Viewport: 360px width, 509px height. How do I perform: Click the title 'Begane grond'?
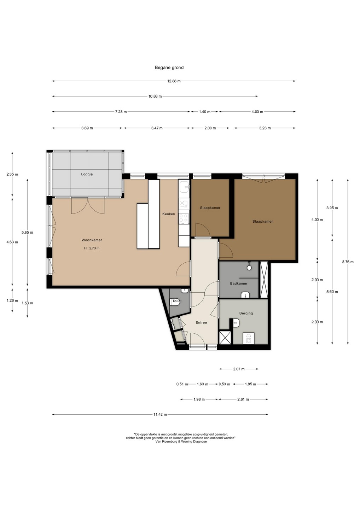(x=169, y=68)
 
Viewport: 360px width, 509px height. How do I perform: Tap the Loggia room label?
(x=87, y=174)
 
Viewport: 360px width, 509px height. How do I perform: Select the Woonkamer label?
(x=92, y=240)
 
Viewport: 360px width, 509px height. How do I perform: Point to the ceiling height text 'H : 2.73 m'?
(x=92, y=248)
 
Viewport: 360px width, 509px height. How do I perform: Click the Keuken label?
(x=168, y=214)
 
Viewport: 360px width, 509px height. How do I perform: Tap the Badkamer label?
(x=239, y=283)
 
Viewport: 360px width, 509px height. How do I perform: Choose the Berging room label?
(x=246, y=313)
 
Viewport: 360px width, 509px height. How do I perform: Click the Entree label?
(x=201, y=322)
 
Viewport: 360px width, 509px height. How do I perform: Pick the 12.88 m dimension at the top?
(x=174, y=81)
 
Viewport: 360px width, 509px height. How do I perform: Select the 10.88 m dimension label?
(x=155, y=96)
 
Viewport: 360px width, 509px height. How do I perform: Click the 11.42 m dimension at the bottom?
(x=160, y=415)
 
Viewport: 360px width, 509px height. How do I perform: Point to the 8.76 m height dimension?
(x=348, y=262)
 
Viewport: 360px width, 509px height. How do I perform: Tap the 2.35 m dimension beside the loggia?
(x=12, y=174)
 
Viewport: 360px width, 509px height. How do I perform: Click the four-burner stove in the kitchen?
(x=184, y=218)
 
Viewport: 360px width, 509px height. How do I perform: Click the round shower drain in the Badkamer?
(x=249, y=268)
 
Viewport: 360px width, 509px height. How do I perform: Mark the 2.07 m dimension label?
(x=239, y=369)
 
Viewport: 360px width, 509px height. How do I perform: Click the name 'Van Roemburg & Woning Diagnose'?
(x=181, y=441)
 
